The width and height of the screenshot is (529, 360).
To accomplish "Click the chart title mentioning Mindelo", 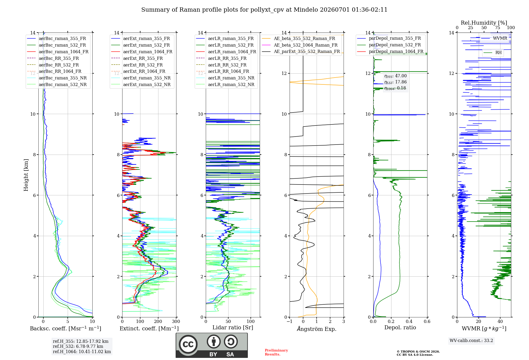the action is (264, 10).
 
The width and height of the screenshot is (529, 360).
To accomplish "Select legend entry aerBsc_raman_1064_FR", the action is (63, 52).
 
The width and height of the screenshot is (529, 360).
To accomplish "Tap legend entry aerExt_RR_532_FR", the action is (143, 65).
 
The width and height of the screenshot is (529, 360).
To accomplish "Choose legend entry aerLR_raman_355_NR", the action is (231, 78).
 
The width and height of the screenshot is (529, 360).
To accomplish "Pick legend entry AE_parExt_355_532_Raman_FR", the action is (307, 51).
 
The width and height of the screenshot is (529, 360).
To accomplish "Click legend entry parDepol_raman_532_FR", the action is (395, 45).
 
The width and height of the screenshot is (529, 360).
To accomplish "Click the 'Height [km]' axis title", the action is (26, 175).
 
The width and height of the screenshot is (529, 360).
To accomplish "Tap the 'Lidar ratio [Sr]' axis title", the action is (233, 327).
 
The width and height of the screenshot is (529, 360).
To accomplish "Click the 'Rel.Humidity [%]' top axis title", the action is (484, 23).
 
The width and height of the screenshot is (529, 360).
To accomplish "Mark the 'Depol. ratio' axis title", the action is (400, 327).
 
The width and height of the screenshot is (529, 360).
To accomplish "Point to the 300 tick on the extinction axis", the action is (176, 321).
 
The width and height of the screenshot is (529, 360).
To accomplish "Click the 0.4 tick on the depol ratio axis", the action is (409, 321).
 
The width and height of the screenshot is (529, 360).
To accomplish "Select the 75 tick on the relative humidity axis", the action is (498, 28).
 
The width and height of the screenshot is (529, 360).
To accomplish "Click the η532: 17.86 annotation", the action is (395, 82).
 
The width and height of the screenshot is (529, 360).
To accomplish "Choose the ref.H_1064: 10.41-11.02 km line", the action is (82, 352).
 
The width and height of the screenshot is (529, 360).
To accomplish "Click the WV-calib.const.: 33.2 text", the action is (471, 340).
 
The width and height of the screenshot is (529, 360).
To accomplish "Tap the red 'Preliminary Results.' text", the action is (276, 352).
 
